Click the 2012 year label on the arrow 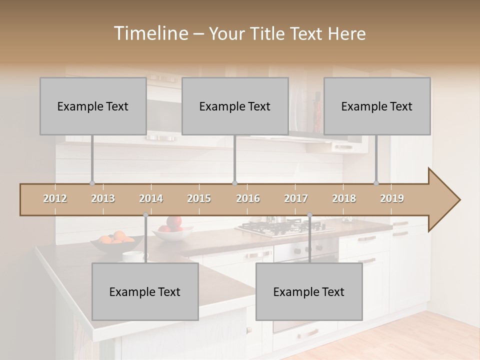[x=55, y=198]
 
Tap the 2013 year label [x=103, y=198]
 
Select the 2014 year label [x=151, y=198]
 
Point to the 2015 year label [x=199, y=198]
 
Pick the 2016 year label [x=248, y=198]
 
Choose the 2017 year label [x=296, y=198]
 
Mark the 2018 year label [x=344, y=198]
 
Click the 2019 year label [x=392, y=198]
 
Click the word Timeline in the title [x=150, y=33]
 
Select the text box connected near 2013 [x=93, y=106]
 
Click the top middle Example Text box [x=235, y=106]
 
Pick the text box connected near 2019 [x=377, y=106]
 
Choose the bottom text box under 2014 [x=145, y=291]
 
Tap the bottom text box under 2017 [x=309, y=291]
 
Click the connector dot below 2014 [x=145, y=215]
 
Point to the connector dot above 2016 [x=234, y=183]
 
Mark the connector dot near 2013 [x=92, y=183]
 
